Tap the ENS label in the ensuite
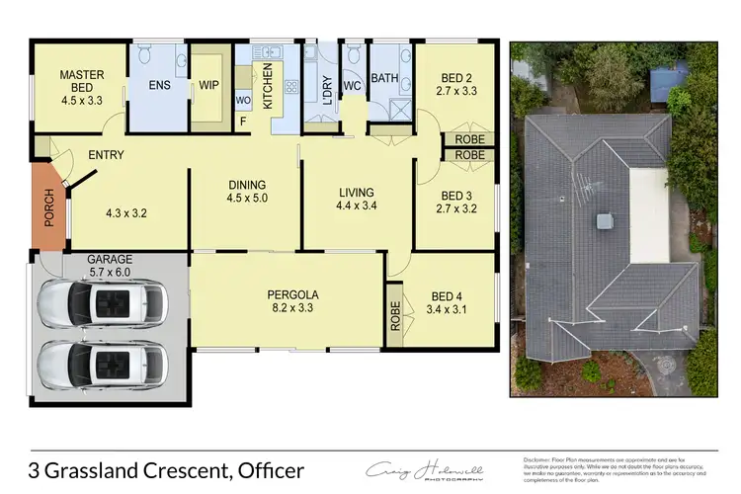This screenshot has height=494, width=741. click(160, 86)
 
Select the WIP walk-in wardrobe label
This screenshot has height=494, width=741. click(208, 86)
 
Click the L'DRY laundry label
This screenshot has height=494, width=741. click(327, 88)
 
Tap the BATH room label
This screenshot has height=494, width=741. click(383, 79)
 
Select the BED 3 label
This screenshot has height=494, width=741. click(455, 202)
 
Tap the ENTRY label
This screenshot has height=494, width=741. click(106, 155)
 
